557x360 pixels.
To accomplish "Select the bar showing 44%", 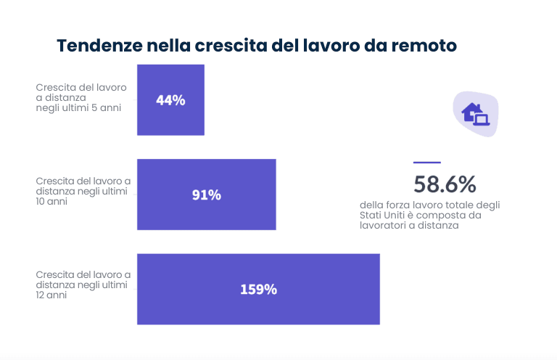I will click(170, 100).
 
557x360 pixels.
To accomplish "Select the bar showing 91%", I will click(207, 195).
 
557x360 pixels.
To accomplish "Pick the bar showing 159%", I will click(258, 289).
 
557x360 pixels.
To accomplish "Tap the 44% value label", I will click(170, 100).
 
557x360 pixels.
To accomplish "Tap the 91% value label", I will click(207, 195).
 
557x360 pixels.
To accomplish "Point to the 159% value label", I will click(258, 289).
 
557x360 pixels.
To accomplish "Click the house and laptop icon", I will click(476, 112).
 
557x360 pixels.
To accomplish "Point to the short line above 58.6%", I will click(426, 163).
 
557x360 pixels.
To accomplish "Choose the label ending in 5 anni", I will click(78, 97).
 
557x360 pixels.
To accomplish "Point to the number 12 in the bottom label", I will click(41, 295).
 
